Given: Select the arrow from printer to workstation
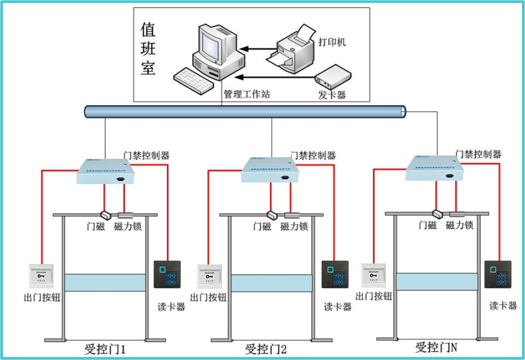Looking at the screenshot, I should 259,50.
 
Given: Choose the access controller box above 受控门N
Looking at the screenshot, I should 435,168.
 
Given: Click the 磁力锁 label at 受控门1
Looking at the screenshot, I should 128,227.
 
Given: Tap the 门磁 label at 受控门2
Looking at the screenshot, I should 262,227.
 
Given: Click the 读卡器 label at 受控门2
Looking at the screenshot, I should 338,307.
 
